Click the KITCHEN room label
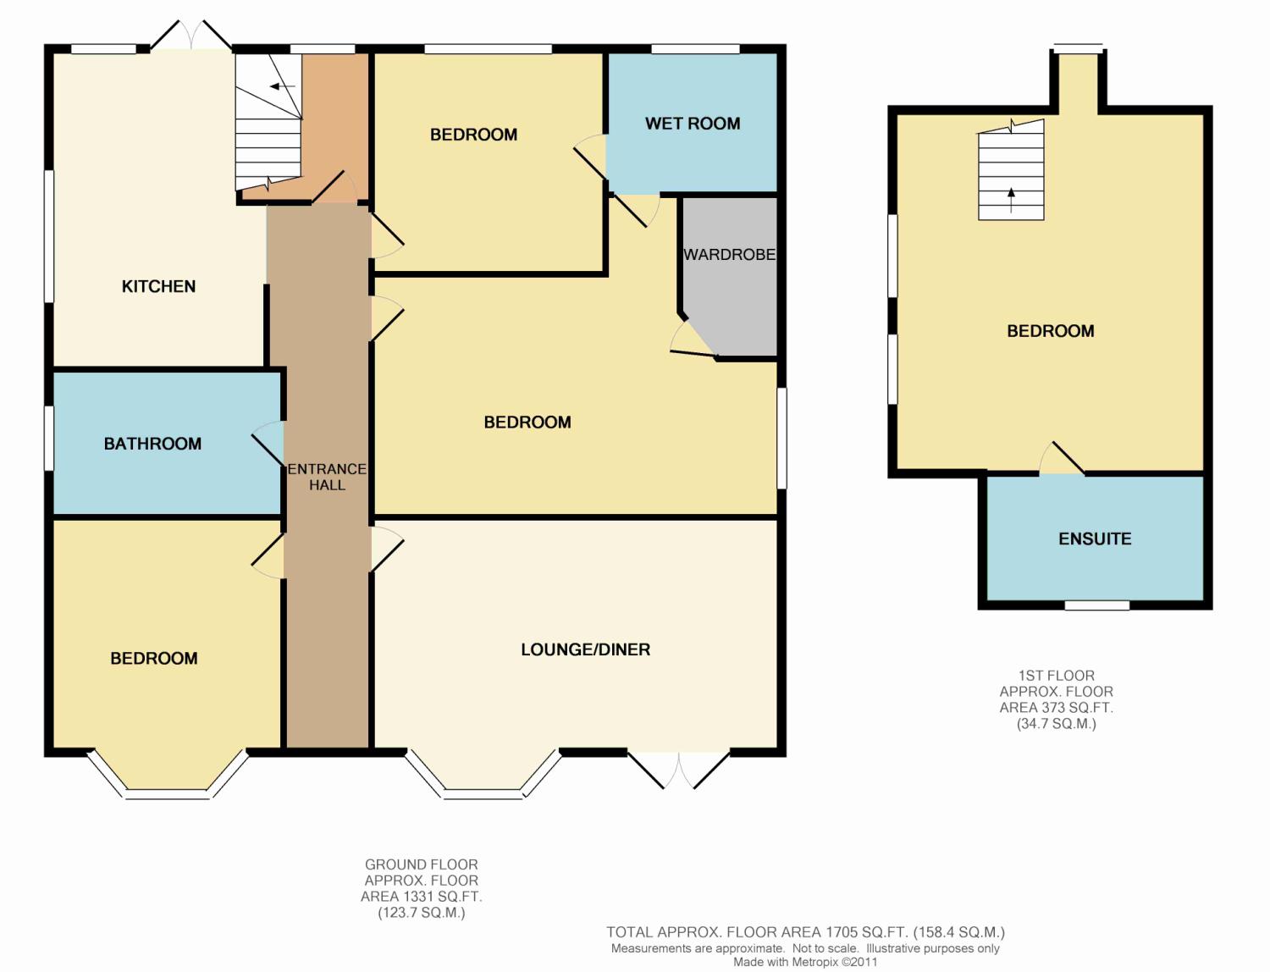[x=158, y=286]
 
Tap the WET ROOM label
[x=693, y=124]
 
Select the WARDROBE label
[x=730, y=255]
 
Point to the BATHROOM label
[x=152, y=444]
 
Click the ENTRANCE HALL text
[x=327, y=477]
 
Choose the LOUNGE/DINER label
[x=586, y=649]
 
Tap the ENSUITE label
[x=1095, y=539]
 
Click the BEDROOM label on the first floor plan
[x=1051, y=331]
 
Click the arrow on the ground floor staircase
[x=282, y=86]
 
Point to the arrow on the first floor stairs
[x=1011, y=200]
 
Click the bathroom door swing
[x=268, y=443]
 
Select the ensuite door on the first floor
[x=1062, y=459]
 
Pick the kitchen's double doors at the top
[x=191, y=35]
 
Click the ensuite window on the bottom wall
[x=1097, y=605]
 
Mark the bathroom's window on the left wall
[x=49, y=438]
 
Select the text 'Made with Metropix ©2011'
[x=805, y=962]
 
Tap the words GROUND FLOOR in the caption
[x=421, y=865]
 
